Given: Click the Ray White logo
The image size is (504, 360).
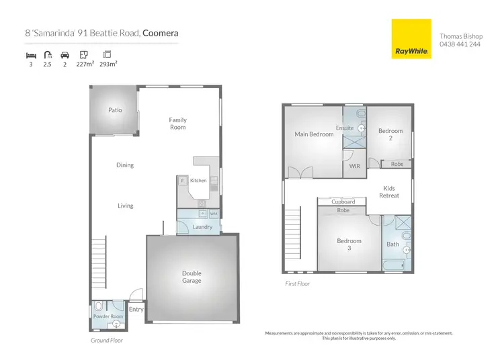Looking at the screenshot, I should [x=411, y=38].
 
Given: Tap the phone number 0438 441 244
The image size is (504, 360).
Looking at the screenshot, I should [x=460, y=44].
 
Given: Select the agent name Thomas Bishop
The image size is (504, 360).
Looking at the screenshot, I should [x=460, y=36].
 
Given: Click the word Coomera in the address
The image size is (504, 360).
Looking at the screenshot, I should [x=161, y=32].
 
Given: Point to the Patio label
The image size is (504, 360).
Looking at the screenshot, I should [x=115, y=109].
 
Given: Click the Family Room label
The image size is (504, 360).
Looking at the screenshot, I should [x=177, y=124].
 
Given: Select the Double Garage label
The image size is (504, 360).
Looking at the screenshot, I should [x=192, y=277].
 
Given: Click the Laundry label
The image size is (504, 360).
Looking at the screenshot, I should [x=202, y=227].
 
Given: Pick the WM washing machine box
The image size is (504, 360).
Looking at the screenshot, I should [x=214, y=214].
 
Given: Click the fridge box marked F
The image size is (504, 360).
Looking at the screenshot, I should [x=182, y=181].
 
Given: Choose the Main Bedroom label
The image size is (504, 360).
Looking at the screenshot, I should [x=314, y=134].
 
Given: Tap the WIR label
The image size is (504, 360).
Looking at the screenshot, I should [x=355, y=166].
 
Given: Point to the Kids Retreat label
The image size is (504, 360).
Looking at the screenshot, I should [x=390, y=192].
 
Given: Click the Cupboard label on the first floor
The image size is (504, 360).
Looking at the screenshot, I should [x=343, y=201].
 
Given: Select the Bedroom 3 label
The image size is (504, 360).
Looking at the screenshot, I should [x=349, y=244].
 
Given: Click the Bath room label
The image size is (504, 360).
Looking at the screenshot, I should [x=392, y=244].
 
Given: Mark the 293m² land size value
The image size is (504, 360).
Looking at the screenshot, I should [x=107, y=65].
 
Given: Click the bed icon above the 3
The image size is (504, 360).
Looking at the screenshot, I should [x=30, y=54].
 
